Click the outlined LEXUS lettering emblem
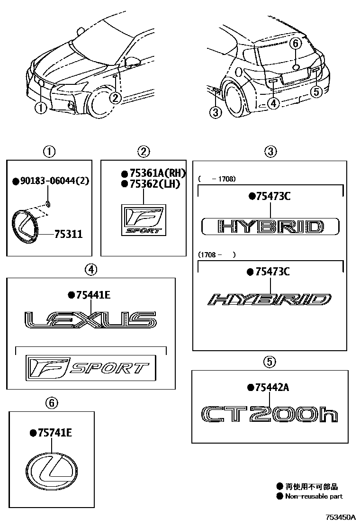[x=90, y=320]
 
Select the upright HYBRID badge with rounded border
[x=270, y=227]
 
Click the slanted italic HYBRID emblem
[x=270, y=300]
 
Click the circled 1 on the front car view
[x=41, y=108]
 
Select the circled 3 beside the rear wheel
[x=216, y=112]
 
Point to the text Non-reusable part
[x=314, y=496]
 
